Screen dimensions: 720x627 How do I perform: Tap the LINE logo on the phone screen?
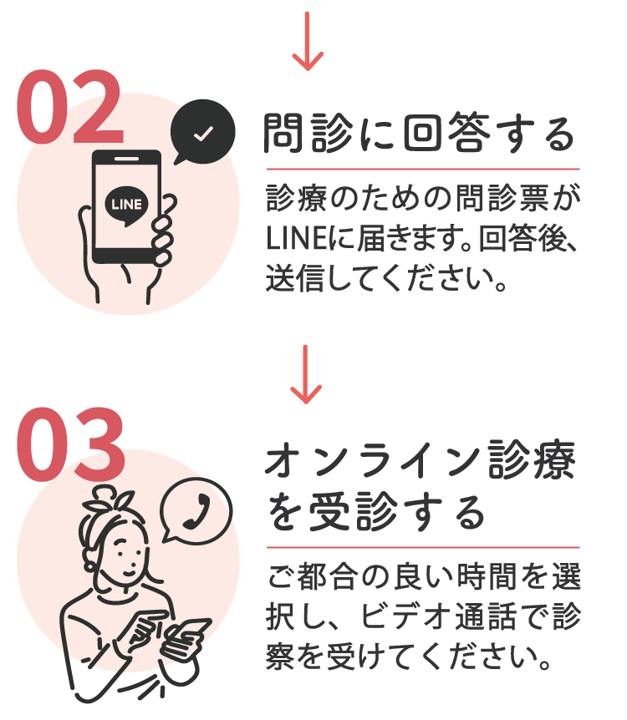126,203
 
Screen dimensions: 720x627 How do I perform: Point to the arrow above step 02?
308,39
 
